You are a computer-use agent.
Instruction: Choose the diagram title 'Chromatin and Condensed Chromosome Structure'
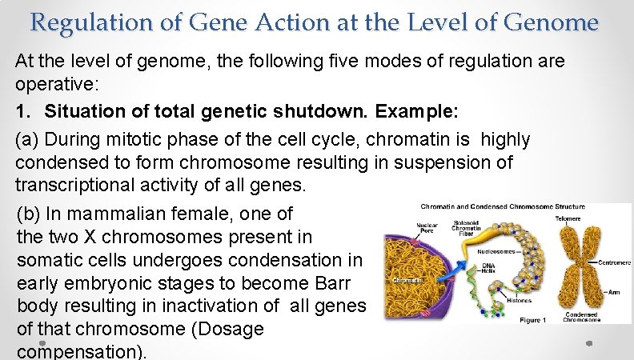(502, 206)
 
